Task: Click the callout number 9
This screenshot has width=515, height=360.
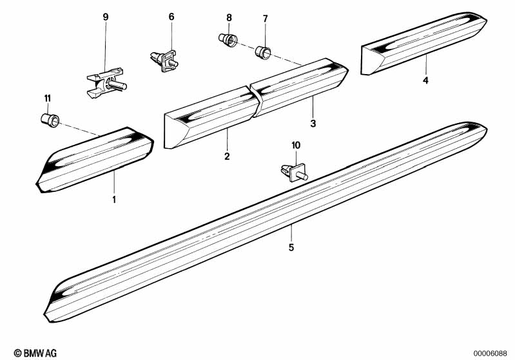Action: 106,17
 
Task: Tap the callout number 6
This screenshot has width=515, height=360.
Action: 171,17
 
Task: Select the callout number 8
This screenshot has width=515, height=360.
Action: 228,17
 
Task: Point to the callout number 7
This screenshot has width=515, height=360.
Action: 265,17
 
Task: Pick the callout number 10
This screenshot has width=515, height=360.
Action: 296,146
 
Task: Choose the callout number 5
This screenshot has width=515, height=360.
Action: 291,247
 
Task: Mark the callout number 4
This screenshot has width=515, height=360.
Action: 425,81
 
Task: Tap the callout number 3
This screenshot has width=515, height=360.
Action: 313,122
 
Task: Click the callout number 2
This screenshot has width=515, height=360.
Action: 227,156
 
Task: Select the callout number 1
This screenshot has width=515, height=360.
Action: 114,199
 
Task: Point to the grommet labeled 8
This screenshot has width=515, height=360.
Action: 226,40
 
